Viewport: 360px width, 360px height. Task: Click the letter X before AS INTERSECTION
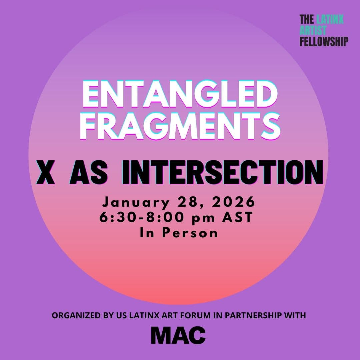pos(46,172)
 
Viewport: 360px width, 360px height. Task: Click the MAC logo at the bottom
pos(178,335)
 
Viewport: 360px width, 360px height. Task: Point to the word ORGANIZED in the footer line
pos(74,315)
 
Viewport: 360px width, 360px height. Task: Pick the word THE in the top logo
pos(307,19)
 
